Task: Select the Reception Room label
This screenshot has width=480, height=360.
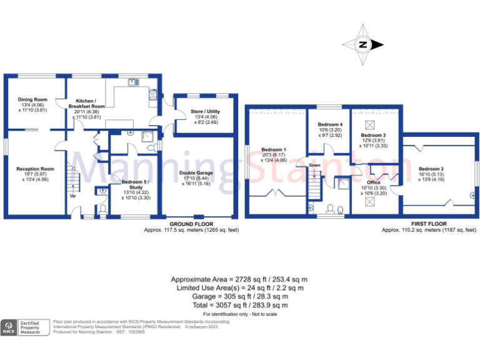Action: point(35,169)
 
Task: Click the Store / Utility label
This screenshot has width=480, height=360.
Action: point(205,112)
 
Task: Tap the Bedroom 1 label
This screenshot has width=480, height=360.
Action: point(274,150)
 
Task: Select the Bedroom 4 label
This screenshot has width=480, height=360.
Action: point(330,125)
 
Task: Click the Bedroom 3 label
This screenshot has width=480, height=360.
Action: point(373,136)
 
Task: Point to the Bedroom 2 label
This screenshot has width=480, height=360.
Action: point(431,169)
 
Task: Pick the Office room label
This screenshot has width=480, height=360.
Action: point(373,182)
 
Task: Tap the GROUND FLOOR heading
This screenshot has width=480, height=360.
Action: point(191,224)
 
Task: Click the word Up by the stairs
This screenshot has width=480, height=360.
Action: point(72,196)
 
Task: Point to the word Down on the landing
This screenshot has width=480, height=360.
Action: point(315,165)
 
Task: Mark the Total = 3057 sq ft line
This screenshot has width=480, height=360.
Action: point(240,306)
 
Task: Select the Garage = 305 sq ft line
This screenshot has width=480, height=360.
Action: point(240,297)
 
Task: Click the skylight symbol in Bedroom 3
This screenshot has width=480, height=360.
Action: point(369,123)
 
